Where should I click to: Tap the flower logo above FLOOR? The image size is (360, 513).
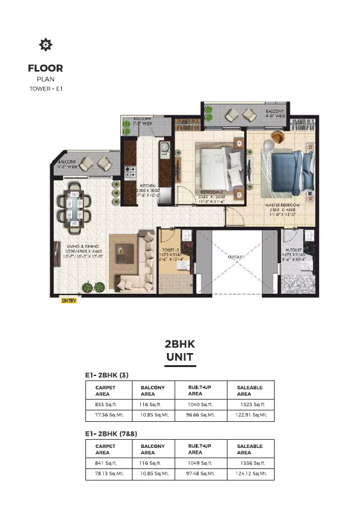tap(45, 45)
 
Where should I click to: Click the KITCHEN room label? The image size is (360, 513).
tap(148, 186)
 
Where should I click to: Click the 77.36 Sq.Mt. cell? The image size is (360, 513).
tap(106, 415)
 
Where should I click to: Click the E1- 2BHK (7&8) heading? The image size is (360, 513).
tap(112, 433)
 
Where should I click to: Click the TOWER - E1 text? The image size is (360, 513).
tap(45, 89)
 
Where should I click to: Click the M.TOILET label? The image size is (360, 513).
tap(294, 249)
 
